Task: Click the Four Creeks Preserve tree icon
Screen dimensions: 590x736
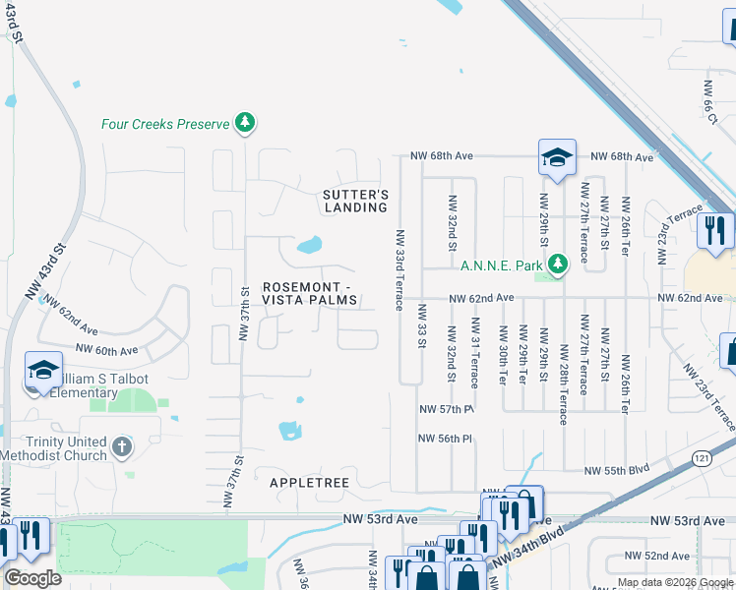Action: [245, 123]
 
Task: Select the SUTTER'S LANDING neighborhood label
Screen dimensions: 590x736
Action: [356, 201]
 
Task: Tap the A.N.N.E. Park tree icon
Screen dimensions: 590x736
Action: [559, 264]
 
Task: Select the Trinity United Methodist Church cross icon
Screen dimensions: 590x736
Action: [121, 448]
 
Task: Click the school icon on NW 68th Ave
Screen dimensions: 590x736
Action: [556, 157]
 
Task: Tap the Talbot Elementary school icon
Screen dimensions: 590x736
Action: [42, 370]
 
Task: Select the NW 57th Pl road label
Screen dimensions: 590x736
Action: [447, 409]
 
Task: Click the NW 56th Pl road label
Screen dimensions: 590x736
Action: [447, 439]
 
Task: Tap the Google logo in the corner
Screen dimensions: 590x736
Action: [32, 578]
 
